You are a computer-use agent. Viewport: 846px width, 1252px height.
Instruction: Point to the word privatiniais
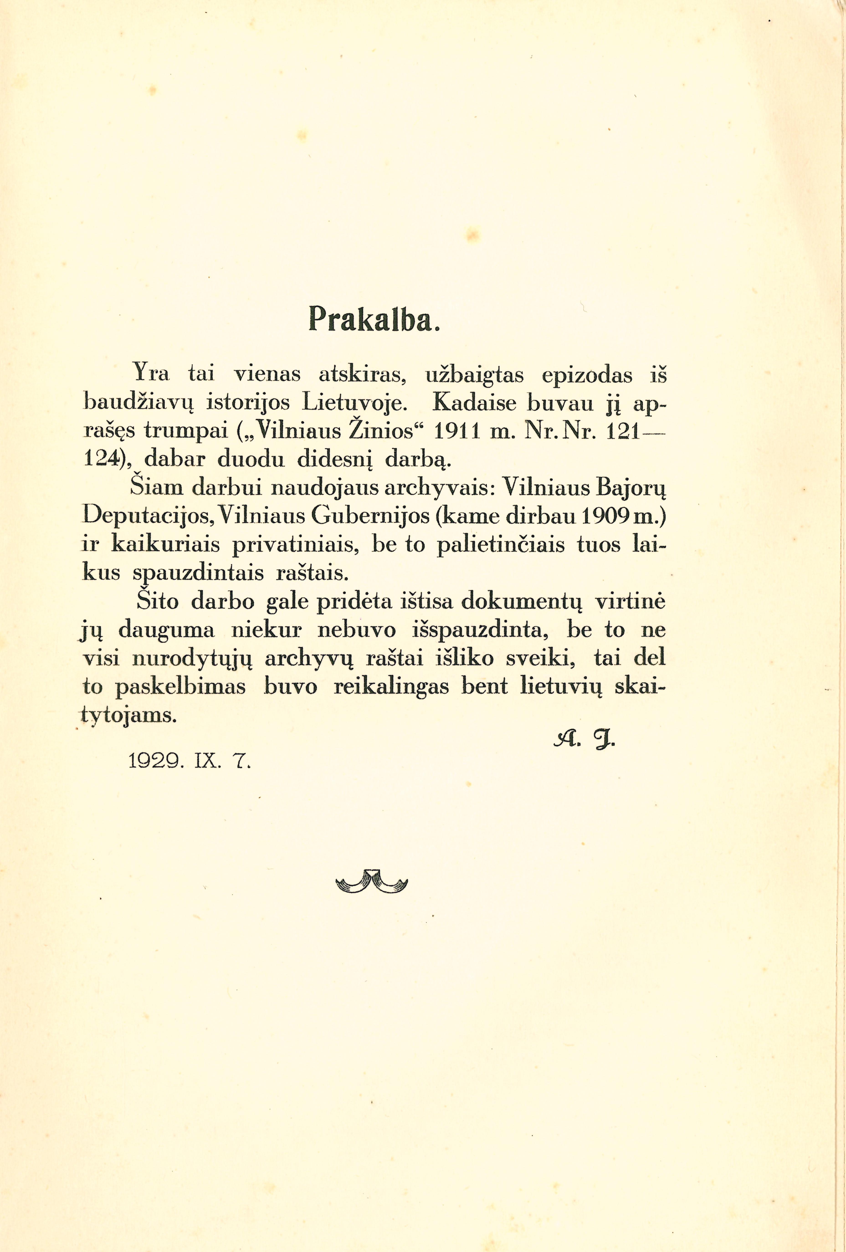click(x=295, y=545)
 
